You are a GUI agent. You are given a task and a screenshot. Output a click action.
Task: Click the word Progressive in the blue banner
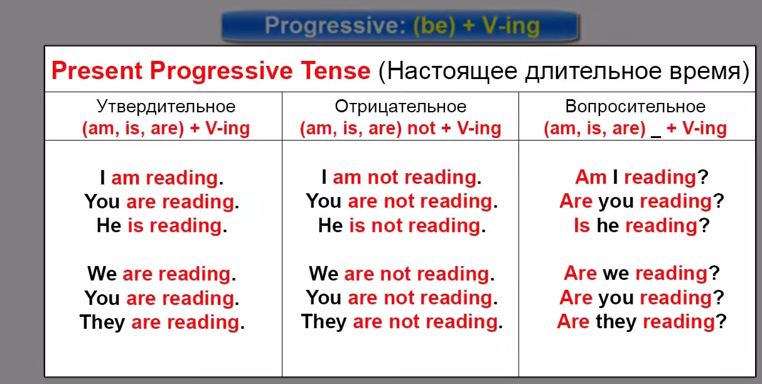tap(335, 26)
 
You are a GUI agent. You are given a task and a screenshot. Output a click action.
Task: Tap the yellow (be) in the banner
tap(434, 26)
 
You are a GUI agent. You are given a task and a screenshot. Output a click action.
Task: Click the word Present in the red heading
tap(97, 71)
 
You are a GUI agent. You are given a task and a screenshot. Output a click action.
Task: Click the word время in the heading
tap(704, 72)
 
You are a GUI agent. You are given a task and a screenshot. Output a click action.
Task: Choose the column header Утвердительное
tap(166, 107)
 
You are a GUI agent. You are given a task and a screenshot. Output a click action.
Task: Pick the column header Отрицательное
tap(400, 107)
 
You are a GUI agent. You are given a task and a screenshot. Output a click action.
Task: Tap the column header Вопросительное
tap(635, 107)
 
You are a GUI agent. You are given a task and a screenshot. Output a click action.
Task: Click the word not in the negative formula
tap(421, 128)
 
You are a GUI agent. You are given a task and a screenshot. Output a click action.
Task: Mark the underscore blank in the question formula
tap(656, 136)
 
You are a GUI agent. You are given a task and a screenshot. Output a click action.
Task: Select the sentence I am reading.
tap(161, 178)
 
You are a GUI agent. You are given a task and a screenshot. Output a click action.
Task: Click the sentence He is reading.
tap(162, 225)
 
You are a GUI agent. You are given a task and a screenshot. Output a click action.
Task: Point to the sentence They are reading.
tap(162, 322)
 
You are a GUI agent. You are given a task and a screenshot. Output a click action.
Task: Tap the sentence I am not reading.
tap(402, 177)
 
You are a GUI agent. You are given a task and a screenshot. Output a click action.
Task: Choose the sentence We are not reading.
tap(402, 274)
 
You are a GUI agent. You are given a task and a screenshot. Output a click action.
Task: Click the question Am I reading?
tap(642, 177)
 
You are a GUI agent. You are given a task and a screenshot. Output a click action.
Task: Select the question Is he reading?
tap(642, 225)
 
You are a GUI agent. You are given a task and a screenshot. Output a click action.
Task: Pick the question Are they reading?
tap(642, 321)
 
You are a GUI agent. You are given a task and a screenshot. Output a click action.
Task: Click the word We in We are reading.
tap(102, 274)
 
